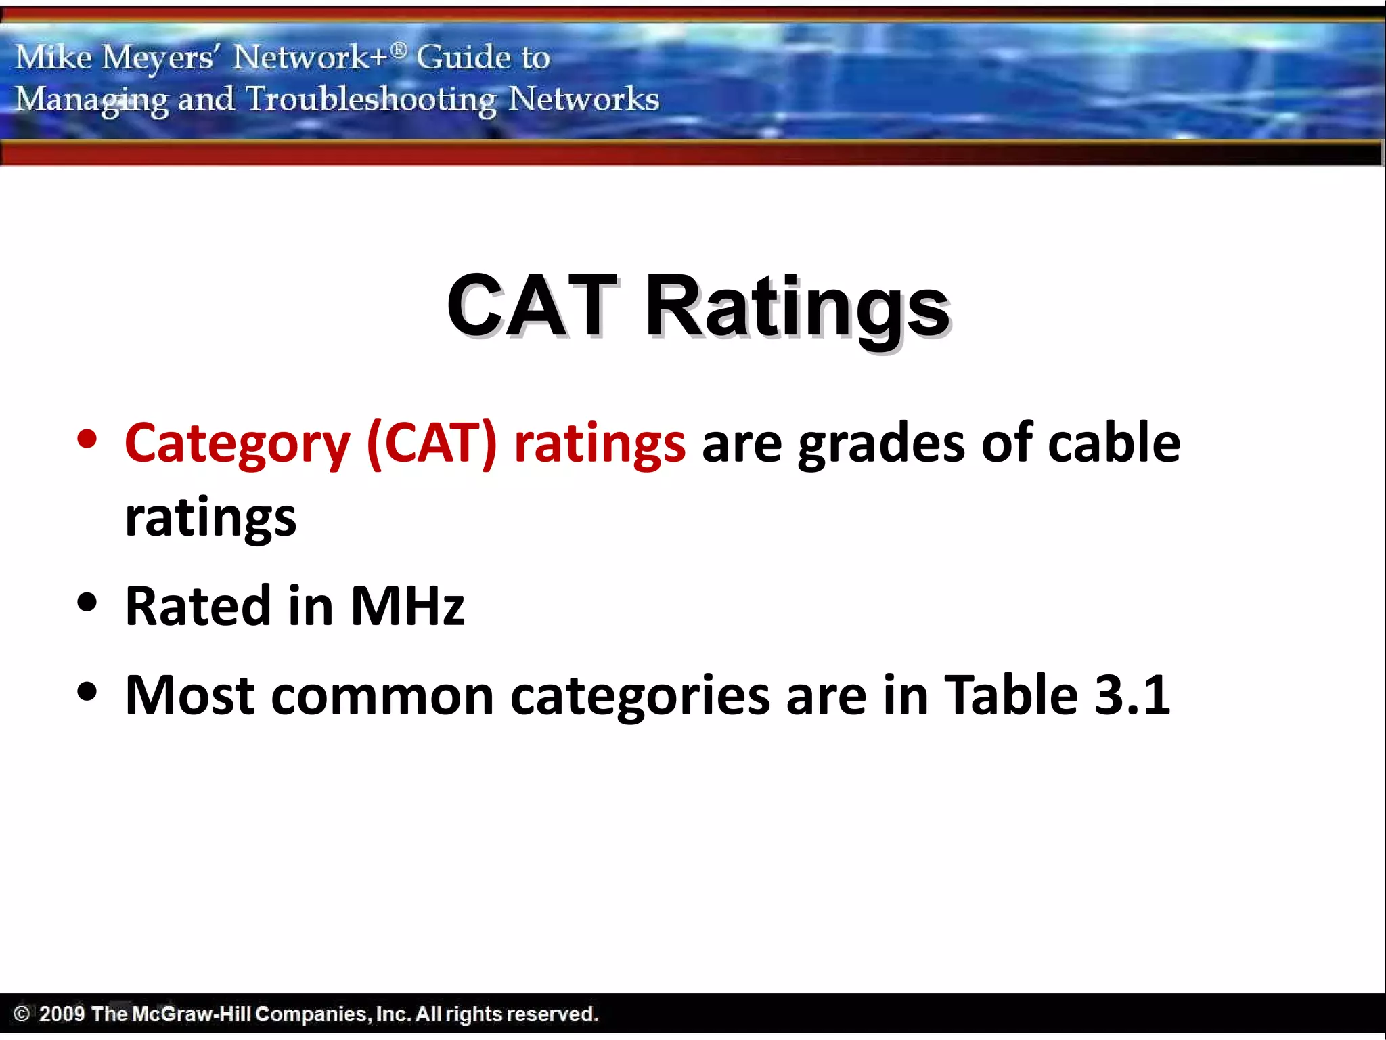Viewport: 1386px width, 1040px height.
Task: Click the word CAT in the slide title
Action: (x=531, y=306)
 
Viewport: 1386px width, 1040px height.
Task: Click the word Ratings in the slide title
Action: (x=798, y=309)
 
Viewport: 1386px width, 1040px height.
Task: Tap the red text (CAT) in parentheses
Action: (x=432, y=443)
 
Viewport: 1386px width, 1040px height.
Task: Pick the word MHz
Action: (x=407, y=605)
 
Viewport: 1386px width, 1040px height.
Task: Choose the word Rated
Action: (x=198, y=605)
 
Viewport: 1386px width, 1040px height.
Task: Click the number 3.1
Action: (x=1132, y=695)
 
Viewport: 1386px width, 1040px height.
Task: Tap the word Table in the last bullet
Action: (x=1011, y=695)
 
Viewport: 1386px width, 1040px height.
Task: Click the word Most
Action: (x=190, y=695)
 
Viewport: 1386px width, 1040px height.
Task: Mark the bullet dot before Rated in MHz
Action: (x=87, y=602)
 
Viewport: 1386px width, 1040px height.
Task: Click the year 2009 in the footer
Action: (x=62, y=1014)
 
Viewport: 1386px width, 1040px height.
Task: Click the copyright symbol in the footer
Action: (x=22, y=1014)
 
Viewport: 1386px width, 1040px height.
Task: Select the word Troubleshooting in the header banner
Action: (x=371, y=100)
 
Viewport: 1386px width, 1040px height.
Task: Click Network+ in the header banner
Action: (x=311, y=57)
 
